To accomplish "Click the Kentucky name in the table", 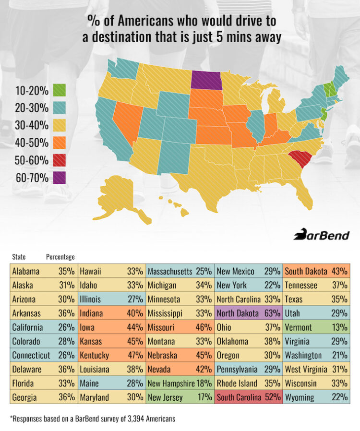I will [94, 356].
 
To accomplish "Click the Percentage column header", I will [60, 257].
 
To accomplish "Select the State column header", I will [19, 257].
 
